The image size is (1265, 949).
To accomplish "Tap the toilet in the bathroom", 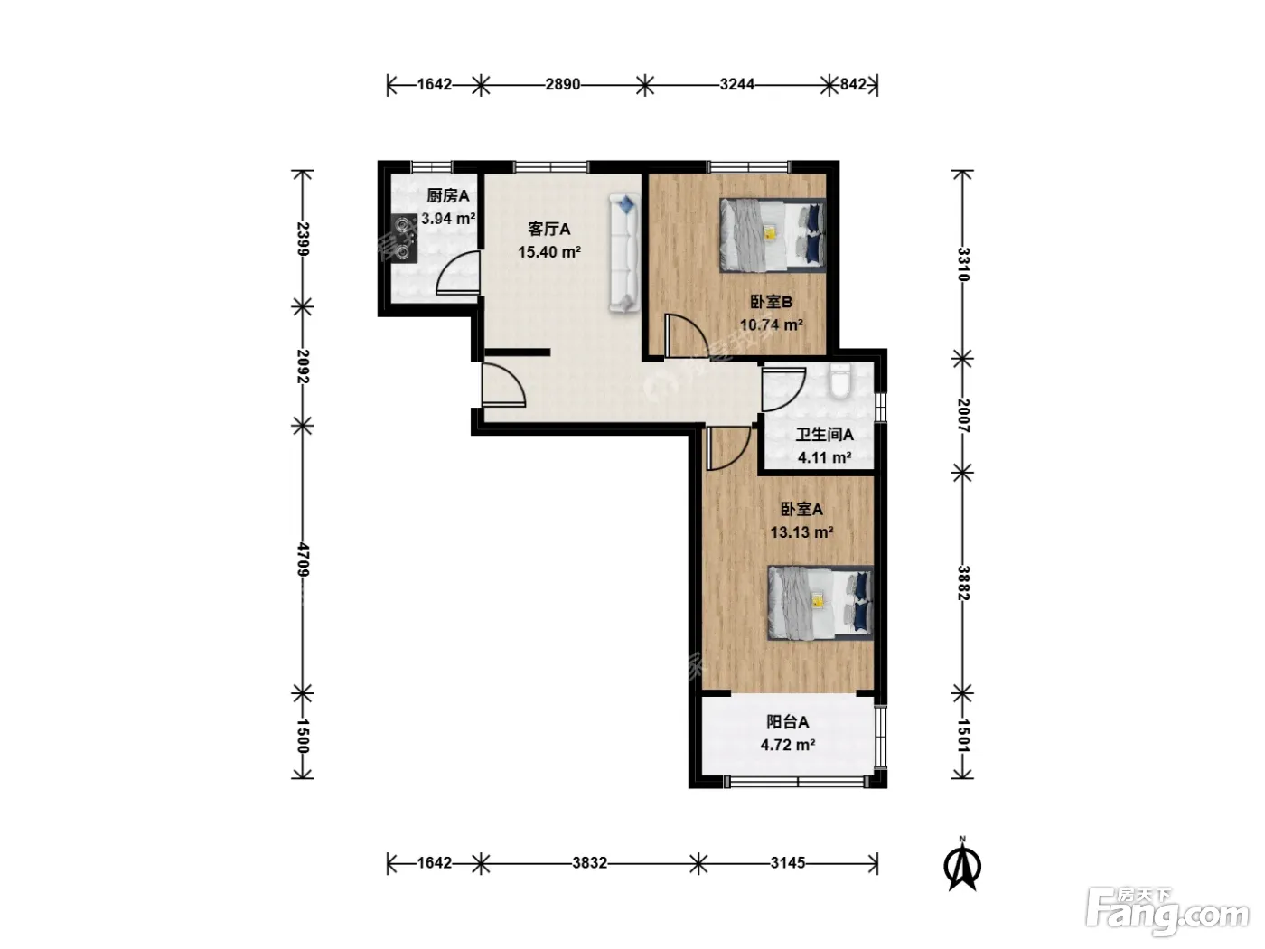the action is [x=840, y=381].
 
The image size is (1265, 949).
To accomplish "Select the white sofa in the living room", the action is [x=624, y=253].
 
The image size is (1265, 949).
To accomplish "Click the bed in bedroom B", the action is [x=773, y=235].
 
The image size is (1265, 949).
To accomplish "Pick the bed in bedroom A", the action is [x=820, y=603].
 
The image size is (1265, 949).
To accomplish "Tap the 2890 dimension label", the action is [x=563, y=85].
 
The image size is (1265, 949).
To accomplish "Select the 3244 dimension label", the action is [x=737, y=85].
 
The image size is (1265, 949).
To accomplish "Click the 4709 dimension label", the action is [x=303, y=559].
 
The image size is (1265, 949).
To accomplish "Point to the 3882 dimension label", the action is [x=963, y=583].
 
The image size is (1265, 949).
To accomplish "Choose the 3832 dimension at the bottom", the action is [x=589, y=862].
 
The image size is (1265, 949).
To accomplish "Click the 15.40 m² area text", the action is [x=549, y=252].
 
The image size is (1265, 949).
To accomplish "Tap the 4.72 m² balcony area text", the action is [x=787, y=745].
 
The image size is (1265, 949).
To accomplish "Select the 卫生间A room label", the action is [x=824, y=435].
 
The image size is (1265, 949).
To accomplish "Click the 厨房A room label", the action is [x=448, y=196].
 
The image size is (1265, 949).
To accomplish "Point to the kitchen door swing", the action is [x=457, y=273].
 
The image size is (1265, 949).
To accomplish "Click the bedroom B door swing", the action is [x=687, y=335].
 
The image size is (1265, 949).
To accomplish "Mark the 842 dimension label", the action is [x=853, y=85].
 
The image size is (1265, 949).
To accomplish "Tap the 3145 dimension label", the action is [x=787, y=862].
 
